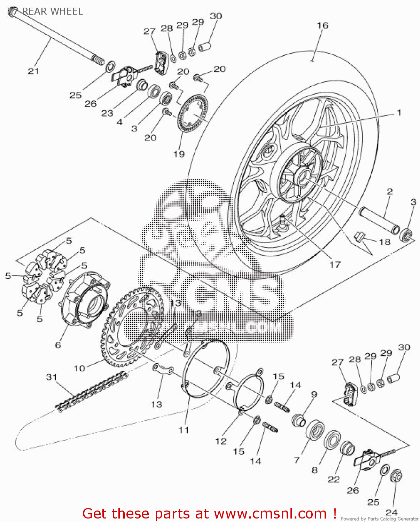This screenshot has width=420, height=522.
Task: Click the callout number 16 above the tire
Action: [x=322, y=25]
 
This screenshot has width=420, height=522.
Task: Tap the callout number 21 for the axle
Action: [x=33, y=71]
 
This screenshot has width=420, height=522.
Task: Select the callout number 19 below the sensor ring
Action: [x=179, y=154]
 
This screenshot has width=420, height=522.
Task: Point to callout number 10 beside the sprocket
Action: [x=79, y=368]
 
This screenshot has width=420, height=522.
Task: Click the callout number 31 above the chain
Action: [x=52, y=377]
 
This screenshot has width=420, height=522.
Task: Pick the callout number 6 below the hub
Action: [x=58, y=345]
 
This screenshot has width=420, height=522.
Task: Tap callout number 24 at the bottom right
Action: [x=391, y=512]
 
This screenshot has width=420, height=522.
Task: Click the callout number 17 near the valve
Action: [x=335, y=265]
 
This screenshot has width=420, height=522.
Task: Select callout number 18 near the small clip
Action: [x=384, y=242]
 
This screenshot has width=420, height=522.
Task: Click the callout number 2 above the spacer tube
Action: [x=390, y=191]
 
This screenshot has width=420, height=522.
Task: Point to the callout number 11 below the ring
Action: [x=184, y=430]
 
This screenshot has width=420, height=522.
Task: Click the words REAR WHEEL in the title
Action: [x=53, y=11]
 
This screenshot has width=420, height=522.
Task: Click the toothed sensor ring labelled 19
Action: [x=193, y=114]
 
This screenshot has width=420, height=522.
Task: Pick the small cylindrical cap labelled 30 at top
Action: [x=205, y=46]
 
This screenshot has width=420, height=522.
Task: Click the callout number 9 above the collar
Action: [x=314, y=394]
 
